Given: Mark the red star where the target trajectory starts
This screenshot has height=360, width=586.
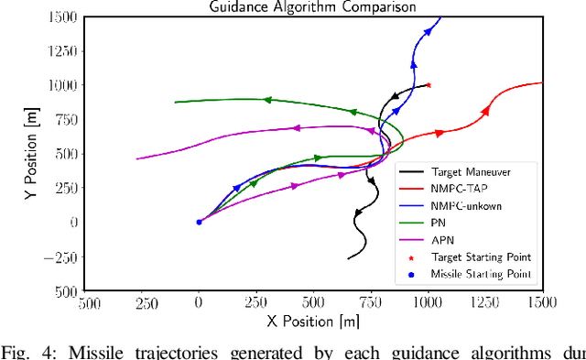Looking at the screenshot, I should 429,85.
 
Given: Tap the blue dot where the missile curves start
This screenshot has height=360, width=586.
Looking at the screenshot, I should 199,222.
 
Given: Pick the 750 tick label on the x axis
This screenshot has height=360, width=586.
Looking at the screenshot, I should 371,302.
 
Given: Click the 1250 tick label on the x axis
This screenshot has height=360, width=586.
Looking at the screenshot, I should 485,302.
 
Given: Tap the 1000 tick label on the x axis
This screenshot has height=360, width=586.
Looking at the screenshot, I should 429,302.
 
